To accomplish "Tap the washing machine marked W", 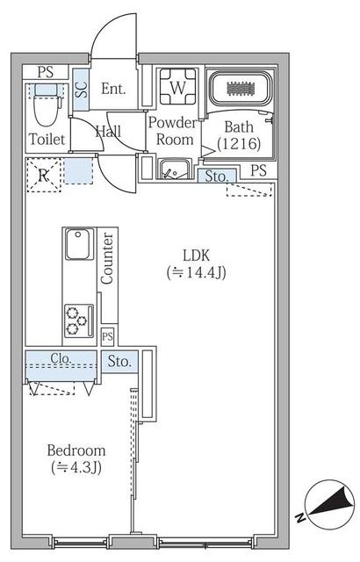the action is coord(177,86).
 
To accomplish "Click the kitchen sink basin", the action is coord(79,244).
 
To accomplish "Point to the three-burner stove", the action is coord(79,321).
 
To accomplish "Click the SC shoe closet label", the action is coord(82,90).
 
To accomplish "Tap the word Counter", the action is coord(107,259).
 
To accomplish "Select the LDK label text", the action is coord(196,256).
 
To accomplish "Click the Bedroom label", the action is coord(76,450).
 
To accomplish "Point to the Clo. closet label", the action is coord(61,358).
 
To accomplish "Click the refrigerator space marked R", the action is coord(44,176).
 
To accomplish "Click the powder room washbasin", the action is coord(175,169).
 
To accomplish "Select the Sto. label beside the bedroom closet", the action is coord(119,362).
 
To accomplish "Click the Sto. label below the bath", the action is coord(216,177).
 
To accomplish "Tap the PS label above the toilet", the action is coord(46,72).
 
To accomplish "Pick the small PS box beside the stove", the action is coord(107,336).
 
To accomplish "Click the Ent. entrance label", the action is coord(113,89).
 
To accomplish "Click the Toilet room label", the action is coord(47,140).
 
